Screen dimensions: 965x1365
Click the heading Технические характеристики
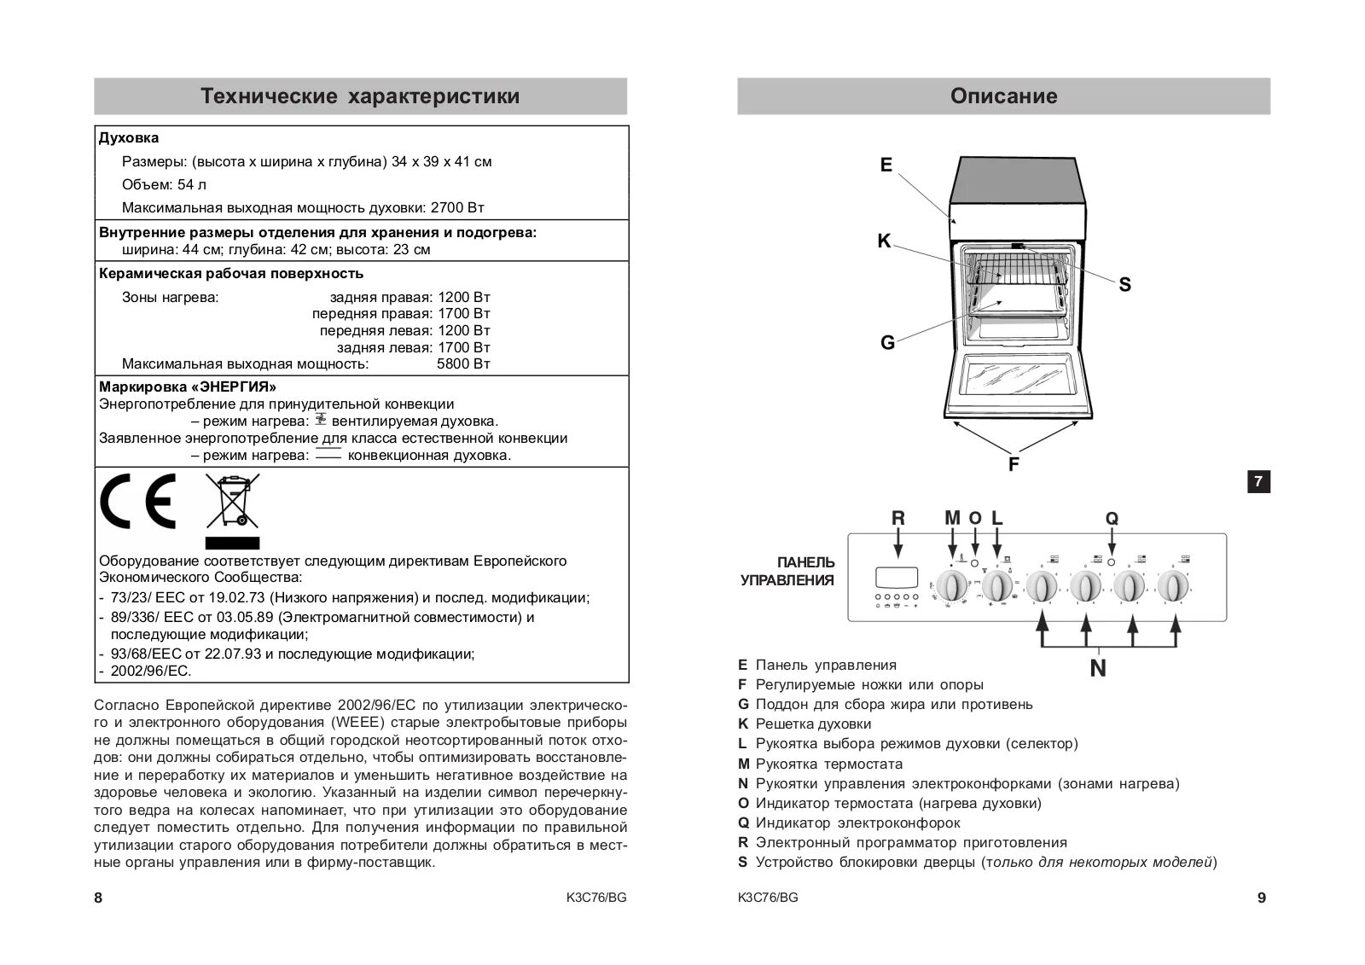(x=360, y=96)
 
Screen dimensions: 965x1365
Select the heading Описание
(x=1003, y=96)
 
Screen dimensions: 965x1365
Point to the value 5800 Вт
(x=463, y=364)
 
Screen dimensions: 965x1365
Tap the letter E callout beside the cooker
(x=886, y=166)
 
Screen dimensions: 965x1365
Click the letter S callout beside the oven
(x=1124, y=285)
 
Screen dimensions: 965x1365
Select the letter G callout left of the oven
(x=887, y=343)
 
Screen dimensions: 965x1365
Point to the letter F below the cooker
(x=1014, y=465)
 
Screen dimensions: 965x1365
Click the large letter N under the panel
(x=1097, y=669)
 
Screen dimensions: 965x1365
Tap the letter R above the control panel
(x=897, y=518)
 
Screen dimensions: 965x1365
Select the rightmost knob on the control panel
(x=1172, y=586)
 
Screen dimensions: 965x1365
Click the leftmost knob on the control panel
(x=952, y=586)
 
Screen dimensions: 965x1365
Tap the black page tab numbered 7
(x=1258, y=482)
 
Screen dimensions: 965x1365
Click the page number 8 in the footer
(x=98, y=898)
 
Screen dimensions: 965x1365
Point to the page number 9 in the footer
(x=1262, y=898)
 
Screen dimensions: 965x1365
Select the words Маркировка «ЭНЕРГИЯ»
(x=188, y=387)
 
